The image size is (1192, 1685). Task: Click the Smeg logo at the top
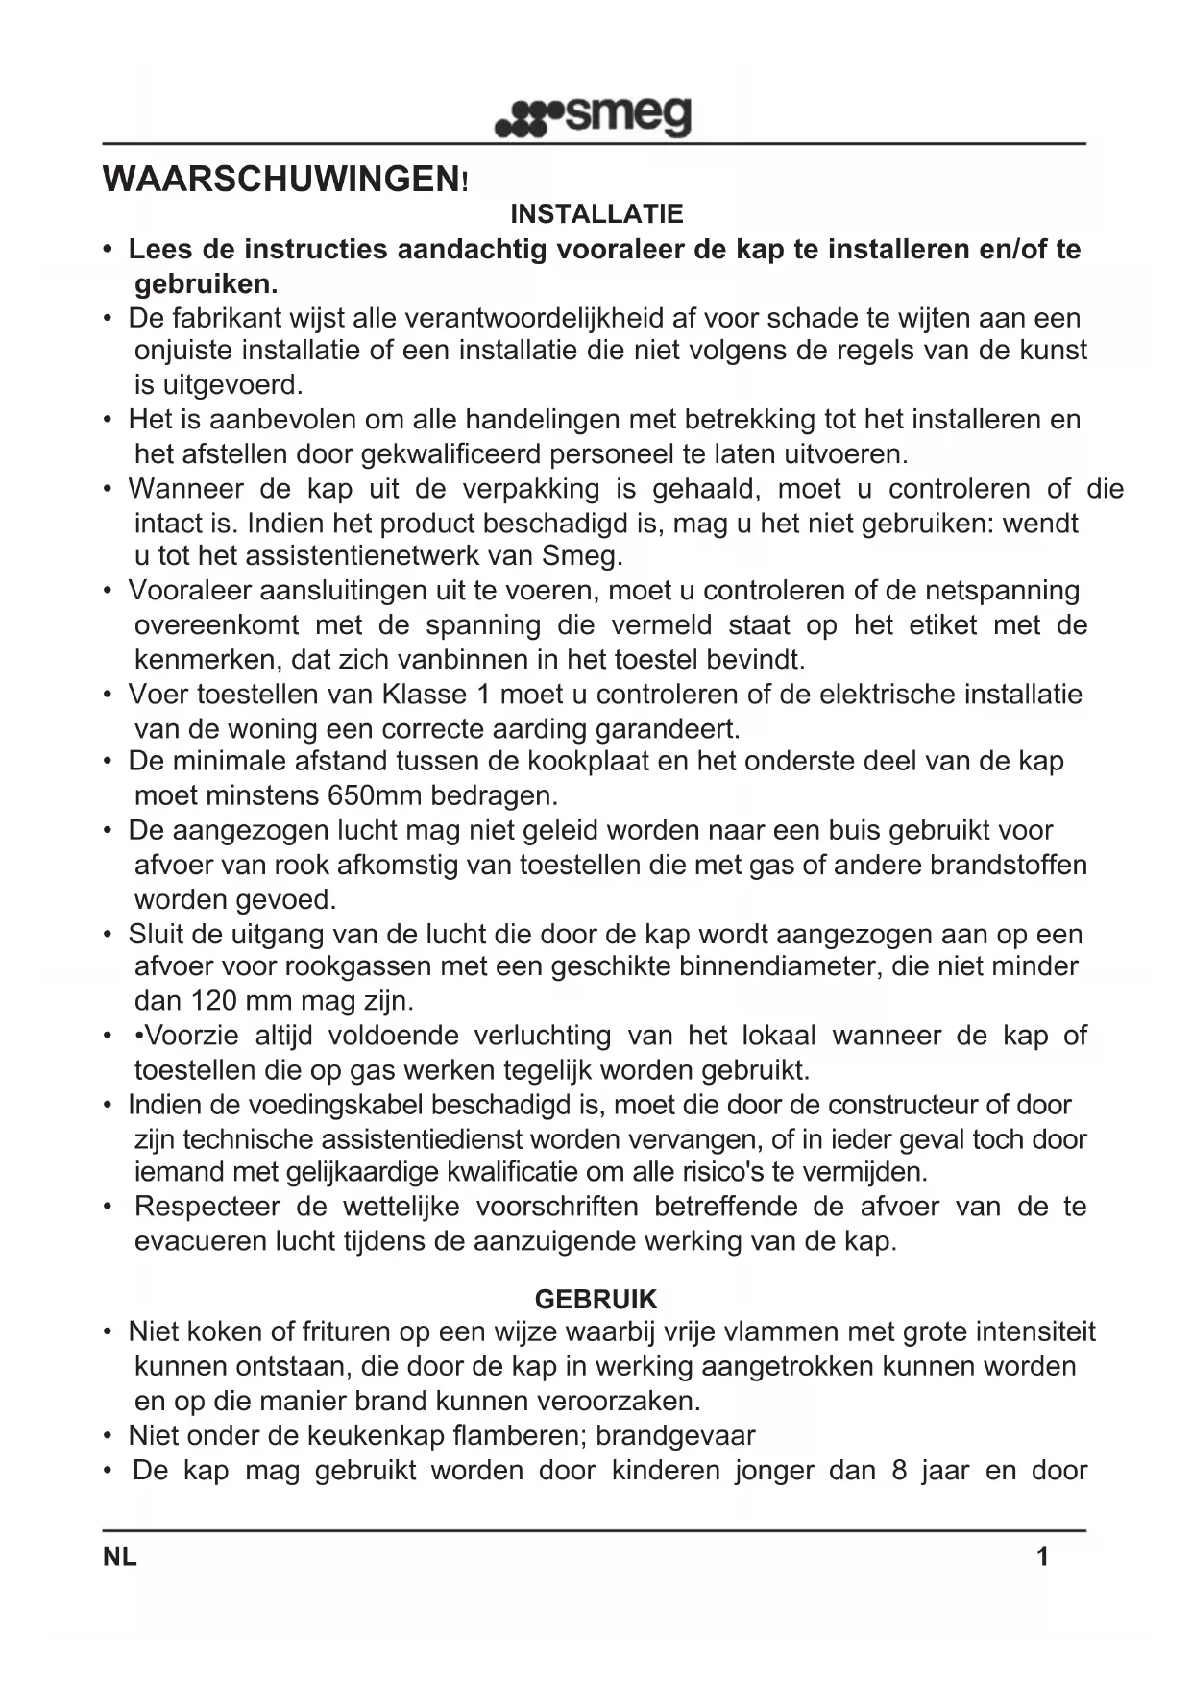point(593,118)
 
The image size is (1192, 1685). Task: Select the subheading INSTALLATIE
point(596,214)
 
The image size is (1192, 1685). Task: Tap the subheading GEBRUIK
point(596,1300)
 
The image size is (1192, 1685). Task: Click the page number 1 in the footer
point(1042,1556)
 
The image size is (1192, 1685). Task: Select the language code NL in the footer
point(119,1556)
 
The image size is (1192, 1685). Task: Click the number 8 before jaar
point(899,1471)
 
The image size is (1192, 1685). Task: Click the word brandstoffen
point(1009,865)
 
